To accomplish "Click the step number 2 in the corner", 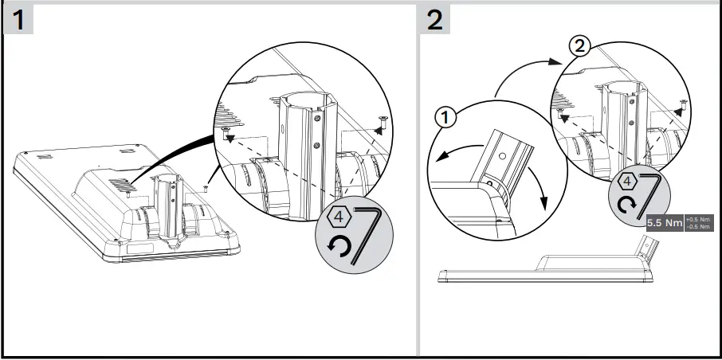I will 435,20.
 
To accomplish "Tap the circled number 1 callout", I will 445,118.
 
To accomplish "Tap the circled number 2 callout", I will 579,47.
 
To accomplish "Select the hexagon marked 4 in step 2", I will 628,180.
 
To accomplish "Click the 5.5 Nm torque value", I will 664,224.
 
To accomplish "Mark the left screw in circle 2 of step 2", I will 564,116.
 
